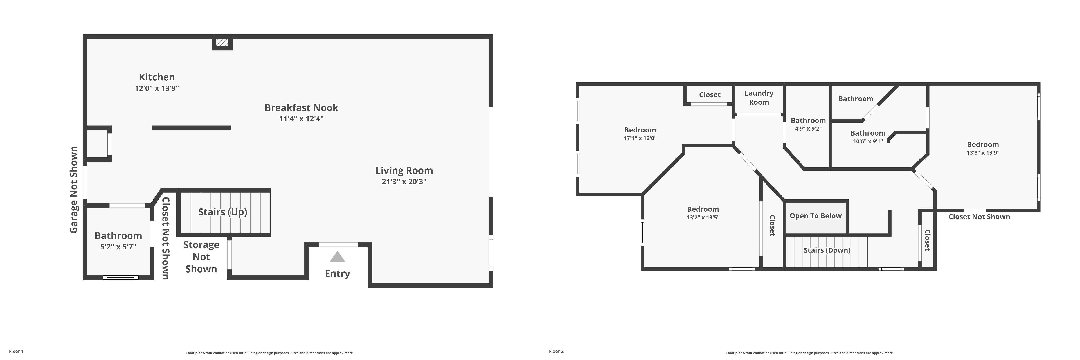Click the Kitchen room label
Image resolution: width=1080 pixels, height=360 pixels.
(x=157, y=77)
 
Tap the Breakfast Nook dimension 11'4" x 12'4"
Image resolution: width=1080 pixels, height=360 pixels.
(x=301, y=119)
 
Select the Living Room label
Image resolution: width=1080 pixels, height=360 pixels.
(x=404, y=171)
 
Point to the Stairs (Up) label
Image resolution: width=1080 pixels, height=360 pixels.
(x=223, y=212)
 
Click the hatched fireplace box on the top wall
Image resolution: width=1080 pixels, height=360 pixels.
(x=222, y=43)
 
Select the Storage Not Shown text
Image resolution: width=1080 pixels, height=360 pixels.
(x=201, y=257)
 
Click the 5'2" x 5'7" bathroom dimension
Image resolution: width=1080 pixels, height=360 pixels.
(x=118, y=247)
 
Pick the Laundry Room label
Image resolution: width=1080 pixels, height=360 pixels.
(x=759, y=98)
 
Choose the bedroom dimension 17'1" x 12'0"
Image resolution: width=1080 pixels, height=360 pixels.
(x=640, y=138)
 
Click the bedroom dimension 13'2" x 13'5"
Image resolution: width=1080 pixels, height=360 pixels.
(x=703, y=217)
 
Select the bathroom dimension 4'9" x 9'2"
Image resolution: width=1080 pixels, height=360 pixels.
(x=808, y=129)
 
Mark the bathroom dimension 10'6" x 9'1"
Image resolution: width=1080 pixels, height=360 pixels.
(x=867, y=141)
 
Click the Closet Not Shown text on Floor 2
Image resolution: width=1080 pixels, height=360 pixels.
(x=979, y=217)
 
